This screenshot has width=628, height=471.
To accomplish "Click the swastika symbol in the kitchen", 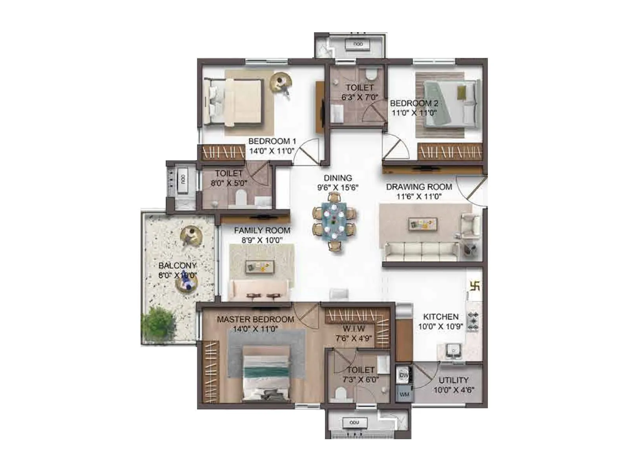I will pyautogui.click(x=475, y=286).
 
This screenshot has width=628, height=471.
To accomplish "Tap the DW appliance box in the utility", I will pyautogui.click(x=403, y=376).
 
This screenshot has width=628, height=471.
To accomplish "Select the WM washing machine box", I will pyautogui.click(x=403, y=394).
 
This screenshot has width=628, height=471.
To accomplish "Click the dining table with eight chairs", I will pyautogui.click(x=334, y=226).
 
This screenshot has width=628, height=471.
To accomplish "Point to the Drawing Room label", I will pyautogui.click(x=419, y=187).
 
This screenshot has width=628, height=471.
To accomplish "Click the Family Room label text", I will pyautogui.click(x=262, y=230).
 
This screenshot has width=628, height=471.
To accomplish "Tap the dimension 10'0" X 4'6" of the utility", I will pyautogui.click(x=454, y=390).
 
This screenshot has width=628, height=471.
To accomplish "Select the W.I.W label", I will pyautogui.click(x=354, y=329).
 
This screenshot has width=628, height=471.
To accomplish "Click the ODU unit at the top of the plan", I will pyautogui.click(x=358, y=44).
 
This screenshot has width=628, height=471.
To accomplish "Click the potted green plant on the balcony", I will pyautogui.click(x=159, y=324).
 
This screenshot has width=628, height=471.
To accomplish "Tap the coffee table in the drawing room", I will pyautogui.click(x=423, y=224).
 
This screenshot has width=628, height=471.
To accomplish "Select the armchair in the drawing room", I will pyautogui.click(x=470, y=226).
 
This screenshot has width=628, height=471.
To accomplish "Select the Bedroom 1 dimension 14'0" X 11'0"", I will pyautogui.click(x=272, y=150).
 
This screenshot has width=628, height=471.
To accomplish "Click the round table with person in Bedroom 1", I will pyautogui.click(x=281, y=82).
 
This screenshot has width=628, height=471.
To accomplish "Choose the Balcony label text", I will pyautogui.click(x=177, y=266).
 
